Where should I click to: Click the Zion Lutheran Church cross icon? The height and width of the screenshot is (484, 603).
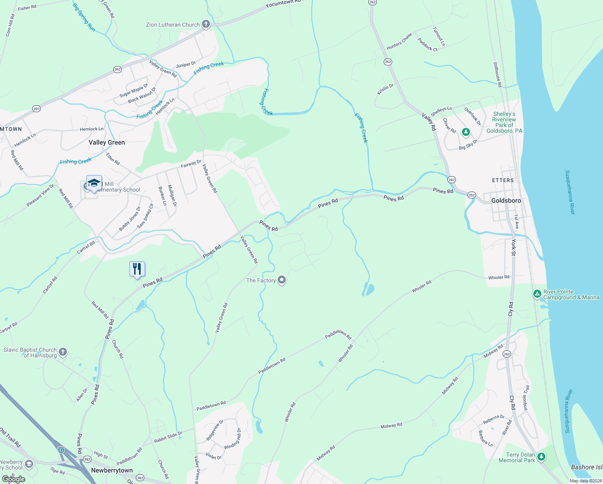point(206,25)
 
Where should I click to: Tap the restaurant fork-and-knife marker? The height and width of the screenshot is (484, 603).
point(137,269)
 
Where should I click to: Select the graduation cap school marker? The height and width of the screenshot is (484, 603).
point(94,184)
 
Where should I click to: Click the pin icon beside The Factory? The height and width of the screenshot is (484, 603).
point(282,280)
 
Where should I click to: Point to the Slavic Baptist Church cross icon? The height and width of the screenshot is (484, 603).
point(63,352)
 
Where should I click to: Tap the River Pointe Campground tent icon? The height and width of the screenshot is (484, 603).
point(537,294)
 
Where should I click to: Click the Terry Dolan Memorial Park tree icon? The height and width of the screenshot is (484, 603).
point(541,457)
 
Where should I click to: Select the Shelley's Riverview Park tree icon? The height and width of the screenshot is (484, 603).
point(466,132)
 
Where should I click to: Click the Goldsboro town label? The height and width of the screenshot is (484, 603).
point(506,200)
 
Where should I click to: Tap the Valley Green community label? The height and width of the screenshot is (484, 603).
point(107,142)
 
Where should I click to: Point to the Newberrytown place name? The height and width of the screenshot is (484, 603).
point(112,470)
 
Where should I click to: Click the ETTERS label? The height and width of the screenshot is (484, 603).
point(503,180)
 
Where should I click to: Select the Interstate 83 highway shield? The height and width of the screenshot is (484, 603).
point(61,449)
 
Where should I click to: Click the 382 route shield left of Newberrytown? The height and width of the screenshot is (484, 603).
point(87,459)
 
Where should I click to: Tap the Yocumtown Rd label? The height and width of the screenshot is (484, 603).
point(283,4)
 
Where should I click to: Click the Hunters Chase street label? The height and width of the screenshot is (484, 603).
point(399,42)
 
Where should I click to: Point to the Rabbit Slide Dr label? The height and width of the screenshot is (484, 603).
point(168,437)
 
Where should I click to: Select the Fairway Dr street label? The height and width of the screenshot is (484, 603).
point(191,164)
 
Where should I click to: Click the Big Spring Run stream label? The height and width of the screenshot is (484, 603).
point(84,17)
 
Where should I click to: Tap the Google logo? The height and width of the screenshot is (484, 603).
point(14,479)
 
